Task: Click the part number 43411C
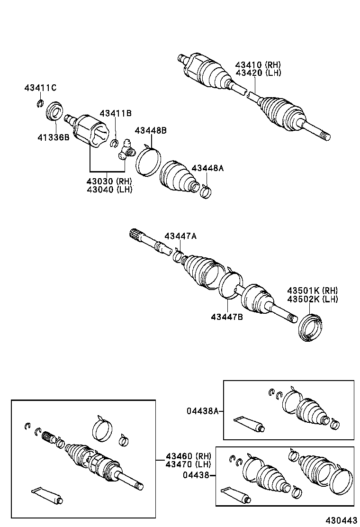coord(40,88)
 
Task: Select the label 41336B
coord(54,137)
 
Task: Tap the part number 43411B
coord(116,113)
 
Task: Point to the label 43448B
coord(151,130)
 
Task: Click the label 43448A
coord(207,168)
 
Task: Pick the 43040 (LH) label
coord(109,189)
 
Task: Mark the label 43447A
coord(180,236)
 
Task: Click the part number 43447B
coord(227,317)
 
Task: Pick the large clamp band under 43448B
coord(148,161)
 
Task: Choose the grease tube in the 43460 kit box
coord(46,495)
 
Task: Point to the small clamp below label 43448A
coord(206,191)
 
